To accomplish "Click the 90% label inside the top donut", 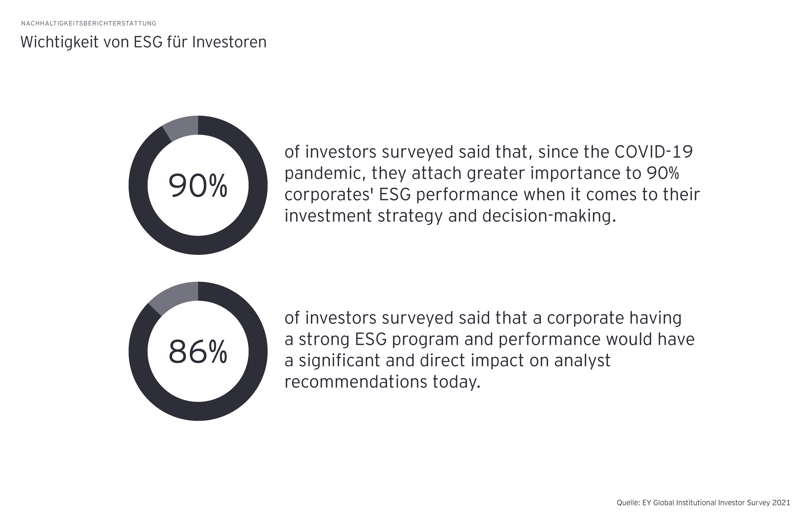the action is pos(198,186).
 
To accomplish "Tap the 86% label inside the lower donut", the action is pos(198,351).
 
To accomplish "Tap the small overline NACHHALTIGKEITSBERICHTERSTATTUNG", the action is pos(88,23).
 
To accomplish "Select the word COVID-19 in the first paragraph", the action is pos(654,152).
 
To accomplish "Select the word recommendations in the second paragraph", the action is pos(356,382).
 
